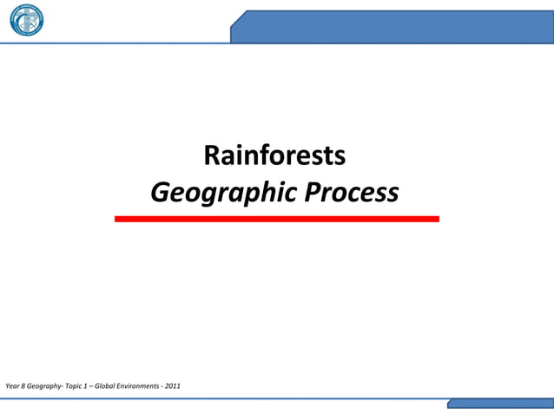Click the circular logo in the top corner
click(26, 20)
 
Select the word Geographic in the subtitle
click(221, 193)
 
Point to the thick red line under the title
click(276, 219)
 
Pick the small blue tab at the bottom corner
click(500, 404)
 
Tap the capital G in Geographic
click(161, 192)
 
